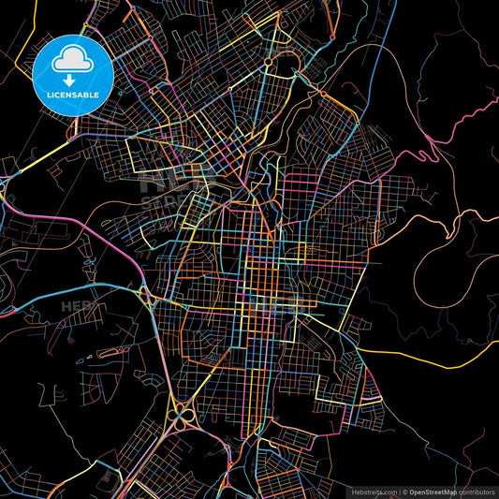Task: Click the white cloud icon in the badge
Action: [73, 61]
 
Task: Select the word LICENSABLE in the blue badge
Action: [73, 96]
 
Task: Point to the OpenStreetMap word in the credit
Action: [437, 491]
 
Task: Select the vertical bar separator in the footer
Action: [401, 491]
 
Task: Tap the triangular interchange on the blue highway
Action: [148, 298]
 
